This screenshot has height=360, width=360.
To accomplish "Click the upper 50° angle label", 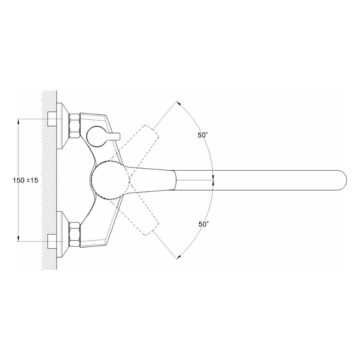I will [203, 135].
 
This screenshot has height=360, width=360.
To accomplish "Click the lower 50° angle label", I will [203, 224].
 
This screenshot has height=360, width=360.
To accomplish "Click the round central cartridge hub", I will [109, 180].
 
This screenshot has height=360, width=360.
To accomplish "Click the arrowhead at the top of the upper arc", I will [178, 104].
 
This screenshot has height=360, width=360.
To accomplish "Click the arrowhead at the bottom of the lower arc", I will [178, 256].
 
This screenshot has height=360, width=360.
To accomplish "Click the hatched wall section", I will [49, 180].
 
